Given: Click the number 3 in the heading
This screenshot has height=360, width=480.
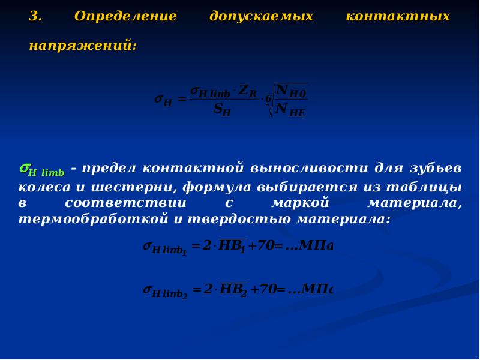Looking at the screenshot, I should pos(35,17).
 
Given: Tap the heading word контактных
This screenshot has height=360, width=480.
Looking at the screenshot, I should pos(398,17).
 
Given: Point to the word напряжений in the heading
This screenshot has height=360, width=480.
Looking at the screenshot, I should pos(83,46).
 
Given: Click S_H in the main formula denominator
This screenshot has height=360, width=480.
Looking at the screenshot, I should pos(222,110).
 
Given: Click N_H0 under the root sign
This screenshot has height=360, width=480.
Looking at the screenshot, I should pos(290,91).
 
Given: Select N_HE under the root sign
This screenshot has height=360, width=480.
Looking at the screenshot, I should pos(290,110).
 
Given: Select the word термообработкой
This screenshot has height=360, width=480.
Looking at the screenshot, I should pos(93,220).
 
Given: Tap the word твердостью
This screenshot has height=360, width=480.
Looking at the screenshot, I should pos(239,220).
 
